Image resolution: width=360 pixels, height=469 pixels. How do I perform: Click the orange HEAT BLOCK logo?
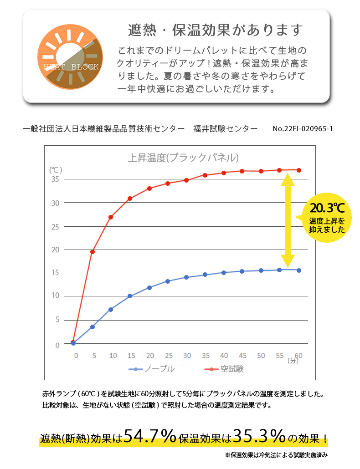70,57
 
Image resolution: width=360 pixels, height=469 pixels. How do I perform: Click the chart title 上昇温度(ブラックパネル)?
183,158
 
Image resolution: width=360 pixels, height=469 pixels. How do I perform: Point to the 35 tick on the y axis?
55,179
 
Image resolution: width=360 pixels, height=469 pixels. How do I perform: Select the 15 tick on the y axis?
55,273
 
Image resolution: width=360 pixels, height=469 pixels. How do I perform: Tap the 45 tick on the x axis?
242,355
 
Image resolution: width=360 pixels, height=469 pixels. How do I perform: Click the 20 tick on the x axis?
150,355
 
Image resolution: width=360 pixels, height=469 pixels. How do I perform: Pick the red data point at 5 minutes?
93,251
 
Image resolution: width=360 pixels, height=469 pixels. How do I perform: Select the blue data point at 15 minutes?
130,296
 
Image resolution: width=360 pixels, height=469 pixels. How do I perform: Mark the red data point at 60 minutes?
299,170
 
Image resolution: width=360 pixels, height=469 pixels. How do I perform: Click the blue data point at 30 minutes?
186,277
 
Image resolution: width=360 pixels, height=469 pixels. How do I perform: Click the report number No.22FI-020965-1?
303,129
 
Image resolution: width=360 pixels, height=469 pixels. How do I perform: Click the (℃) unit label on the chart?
55,169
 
